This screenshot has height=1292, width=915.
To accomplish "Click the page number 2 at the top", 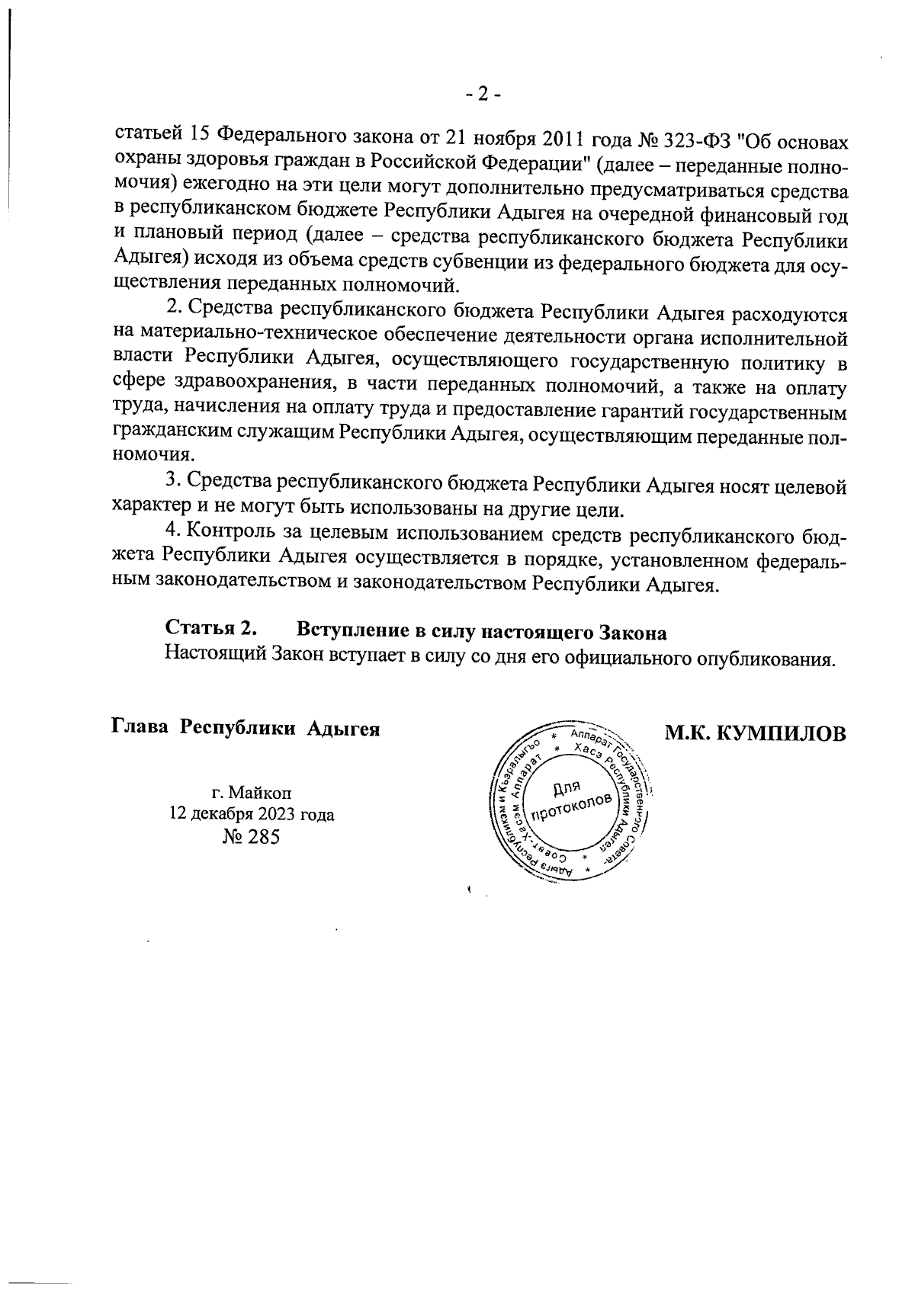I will point(482,95).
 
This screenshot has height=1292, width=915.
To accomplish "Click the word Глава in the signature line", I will point(141,727).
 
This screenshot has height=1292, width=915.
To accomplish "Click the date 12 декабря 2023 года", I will point(252,814).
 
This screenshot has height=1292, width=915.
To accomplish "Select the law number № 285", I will point(252,837).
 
